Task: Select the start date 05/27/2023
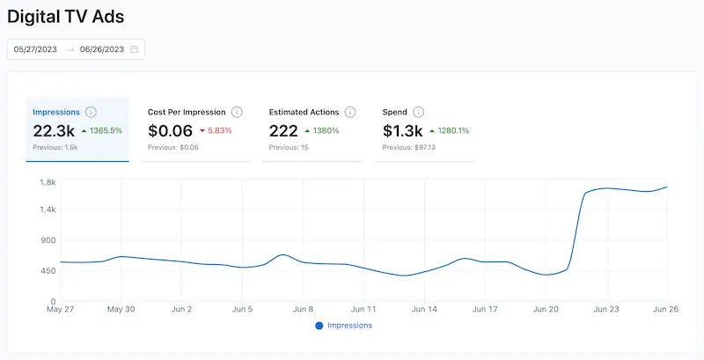(35, 49)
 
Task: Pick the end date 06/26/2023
(101, 49)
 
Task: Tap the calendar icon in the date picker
(135, 49)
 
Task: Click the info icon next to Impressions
(91, 112)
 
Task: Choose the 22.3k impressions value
(53, 130)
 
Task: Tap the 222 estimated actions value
(282, 130)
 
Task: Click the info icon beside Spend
(418, 112)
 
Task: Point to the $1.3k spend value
(402, 130)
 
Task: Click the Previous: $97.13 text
(410, 147)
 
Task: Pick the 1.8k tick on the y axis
(48, 182)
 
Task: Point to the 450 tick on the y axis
(48, 271)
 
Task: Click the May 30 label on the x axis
(121, 310)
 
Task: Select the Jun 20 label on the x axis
(546, 310)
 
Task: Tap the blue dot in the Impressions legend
(319, 326)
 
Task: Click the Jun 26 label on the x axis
(666, 310)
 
